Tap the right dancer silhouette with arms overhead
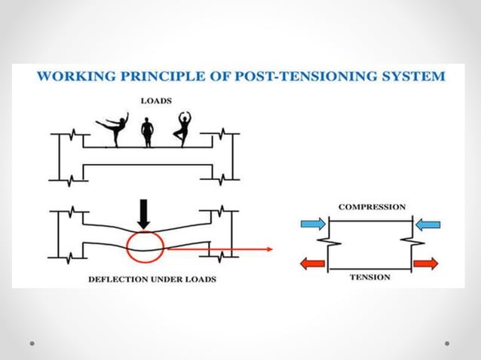click(181, 130)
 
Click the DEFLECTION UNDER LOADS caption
click(152, 279)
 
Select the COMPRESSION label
click(372, 206)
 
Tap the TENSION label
click(369, 277)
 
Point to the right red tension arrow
click(426, 264)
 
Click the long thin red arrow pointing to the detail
click(219, 246)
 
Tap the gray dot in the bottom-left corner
click(33, 343)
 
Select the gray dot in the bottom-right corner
click(447, 343)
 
